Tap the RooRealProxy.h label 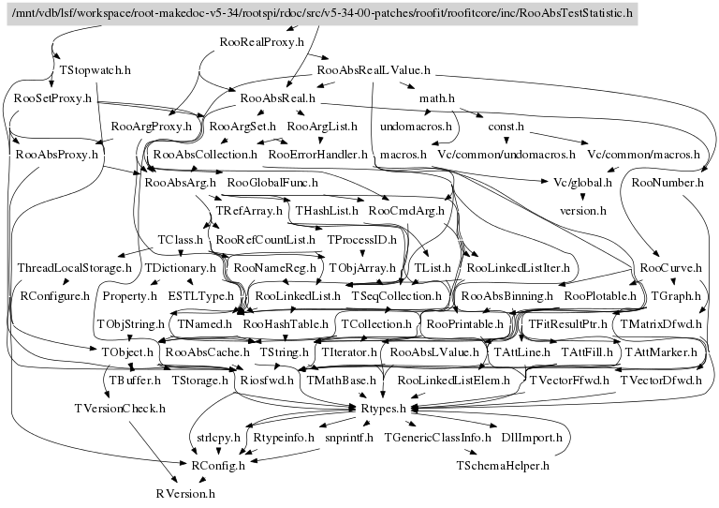point(262,42)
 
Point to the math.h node point(437,97)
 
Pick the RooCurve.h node point(672,268)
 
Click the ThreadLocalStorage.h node point(75,268)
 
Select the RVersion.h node point(184,492)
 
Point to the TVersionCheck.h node point(120,409)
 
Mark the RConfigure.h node point(55,296)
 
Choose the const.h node point(506,126)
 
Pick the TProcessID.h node point(361,240)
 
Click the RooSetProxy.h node point(52,97)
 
